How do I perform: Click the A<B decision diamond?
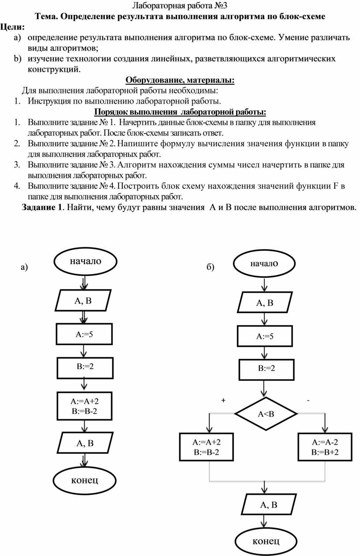click(266, 414)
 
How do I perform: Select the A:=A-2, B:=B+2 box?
click(325, 447)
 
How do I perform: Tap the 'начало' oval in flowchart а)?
click(86, 261)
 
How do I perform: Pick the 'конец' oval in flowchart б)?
click(266, 541)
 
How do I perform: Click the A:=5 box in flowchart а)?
click(84, 334)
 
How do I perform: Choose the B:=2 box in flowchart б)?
click(266, 368)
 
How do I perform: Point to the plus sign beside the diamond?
click(223, 400)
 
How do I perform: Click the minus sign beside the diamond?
click(308, 400)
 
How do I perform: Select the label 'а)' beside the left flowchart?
click(24, 267)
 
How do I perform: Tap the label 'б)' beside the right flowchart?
click(210, 267)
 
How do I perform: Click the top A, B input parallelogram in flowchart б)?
click(265, 302)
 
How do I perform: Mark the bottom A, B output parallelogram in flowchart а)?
click(85, 443)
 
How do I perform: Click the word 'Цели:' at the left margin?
click(12, 27)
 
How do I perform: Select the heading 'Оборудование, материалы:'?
click(180, 80)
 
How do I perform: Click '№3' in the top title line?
click(221, 5)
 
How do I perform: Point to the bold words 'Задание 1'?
click(42, 207)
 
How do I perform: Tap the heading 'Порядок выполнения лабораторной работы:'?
click(180, 112)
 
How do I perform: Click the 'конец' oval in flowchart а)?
click(85, 480)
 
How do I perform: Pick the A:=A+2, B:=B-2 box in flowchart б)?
click(206, 447)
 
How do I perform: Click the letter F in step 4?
click(336, 186)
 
